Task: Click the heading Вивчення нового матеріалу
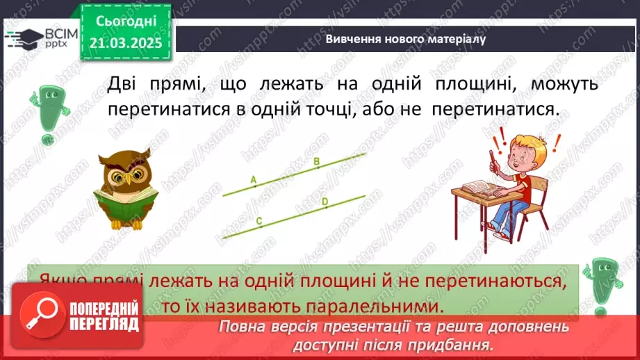click(x=405, y=39)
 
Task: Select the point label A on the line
click(x=254, y=179)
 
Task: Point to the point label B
click(x=317, y=163)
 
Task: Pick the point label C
click(x=259, y=222)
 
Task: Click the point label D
click(x=325, y=202)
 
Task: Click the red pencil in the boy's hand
click(x=491, y=159)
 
